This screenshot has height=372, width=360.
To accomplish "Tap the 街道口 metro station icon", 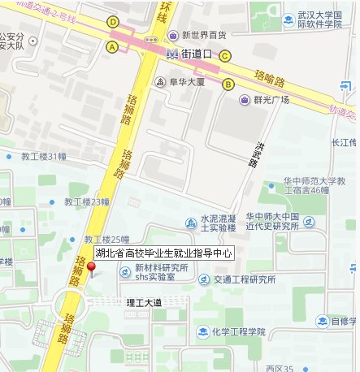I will (x=171, y=54).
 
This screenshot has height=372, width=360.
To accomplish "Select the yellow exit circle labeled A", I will (x=112, y=46).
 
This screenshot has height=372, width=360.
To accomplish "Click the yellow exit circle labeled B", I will (x=228, y=84).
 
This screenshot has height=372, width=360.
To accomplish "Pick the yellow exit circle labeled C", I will (x=225, y=55).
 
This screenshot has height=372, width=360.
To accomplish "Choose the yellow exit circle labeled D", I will (x=112, y=22).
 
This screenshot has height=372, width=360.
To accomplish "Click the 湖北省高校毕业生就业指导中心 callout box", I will (x=163, y=253).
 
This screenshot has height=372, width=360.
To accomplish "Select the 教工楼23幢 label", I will (x=87, y=201).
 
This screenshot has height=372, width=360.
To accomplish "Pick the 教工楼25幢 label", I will (x=106, y=240).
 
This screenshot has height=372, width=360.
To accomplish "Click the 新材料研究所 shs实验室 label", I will (x=162, y=272).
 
